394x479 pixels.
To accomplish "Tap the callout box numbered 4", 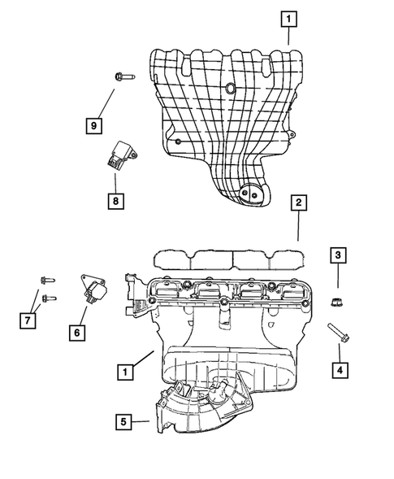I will click(336, 371).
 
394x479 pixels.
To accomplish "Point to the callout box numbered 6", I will click(78, 332).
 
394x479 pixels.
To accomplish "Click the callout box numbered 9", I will click(94, 124).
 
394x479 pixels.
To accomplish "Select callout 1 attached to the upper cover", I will click(287, 16).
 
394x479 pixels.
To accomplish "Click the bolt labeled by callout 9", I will click(123, 78).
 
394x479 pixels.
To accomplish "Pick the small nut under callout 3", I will click(336, 303).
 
